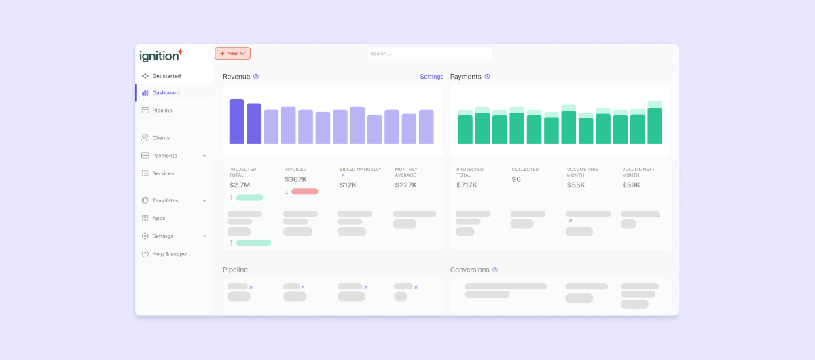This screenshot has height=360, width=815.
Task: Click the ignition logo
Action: click(161, 55)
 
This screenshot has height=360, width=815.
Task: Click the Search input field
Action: click(429, 53)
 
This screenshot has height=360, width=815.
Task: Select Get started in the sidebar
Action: click(166, 76)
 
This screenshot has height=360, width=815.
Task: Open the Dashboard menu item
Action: click(166, 93)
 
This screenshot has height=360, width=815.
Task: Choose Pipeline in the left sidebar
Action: click(162, 111)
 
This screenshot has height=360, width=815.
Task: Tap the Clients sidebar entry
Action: click(161, 138)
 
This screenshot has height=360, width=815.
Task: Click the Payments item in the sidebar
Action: click(164, 156)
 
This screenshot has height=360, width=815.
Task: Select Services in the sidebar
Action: click(163, 173)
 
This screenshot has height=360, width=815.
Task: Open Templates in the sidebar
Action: click(165, 201)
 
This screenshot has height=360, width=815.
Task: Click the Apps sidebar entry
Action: click(158, 219)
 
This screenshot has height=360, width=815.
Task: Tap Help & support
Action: click(170, 254)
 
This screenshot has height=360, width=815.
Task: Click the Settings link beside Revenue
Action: click(431, 77)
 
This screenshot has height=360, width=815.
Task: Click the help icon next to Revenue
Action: click(256, 77)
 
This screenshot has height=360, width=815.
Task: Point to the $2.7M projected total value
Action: click(239, 185)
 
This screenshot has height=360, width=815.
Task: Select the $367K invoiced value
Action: click(295, 179)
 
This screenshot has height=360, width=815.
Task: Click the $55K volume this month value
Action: click(576, 185)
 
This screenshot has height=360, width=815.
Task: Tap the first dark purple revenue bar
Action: click(236, 122)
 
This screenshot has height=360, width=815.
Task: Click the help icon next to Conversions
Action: click(495, 270)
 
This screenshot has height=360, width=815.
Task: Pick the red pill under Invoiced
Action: click(304, 192)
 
